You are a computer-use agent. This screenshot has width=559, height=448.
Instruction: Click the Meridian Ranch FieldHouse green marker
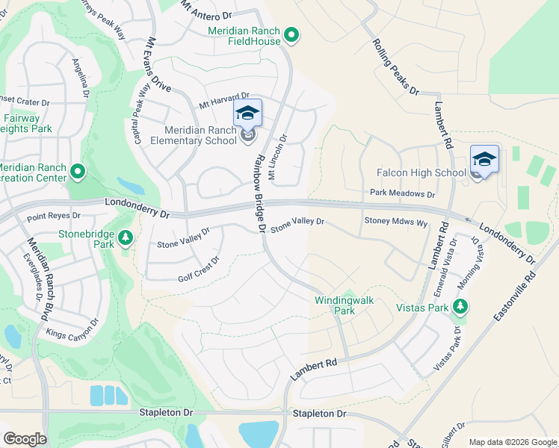(x=292, y=35)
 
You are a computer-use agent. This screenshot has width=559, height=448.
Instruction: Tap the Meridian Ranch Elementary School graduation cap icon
(x=247, y=114)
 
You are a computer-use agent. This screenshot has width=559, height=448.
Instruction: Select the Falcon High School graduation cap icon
(x=484, y=159)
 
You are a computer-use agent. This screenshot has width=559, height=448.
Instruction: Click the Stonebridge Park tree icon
(x=126, y=238)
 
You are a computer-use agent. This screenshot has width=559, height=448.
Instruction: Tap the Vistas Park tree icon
(x=461, y=307)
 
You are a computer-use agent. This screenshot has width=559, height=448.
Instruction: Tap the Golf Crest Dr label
(x=198, y=270)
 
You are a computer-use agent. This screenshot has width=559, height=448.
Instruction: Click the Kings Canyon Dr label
(x=72, y=329)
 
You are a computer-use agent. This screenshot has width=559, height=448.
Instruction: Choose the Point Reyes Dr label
(x=53, y=216)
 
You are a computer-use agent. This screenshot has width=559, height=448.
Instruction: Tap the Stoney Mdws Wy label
(x=395, y=222)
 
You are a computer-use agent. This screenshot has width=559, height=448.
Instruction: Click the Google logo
(x=25, y=439)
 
